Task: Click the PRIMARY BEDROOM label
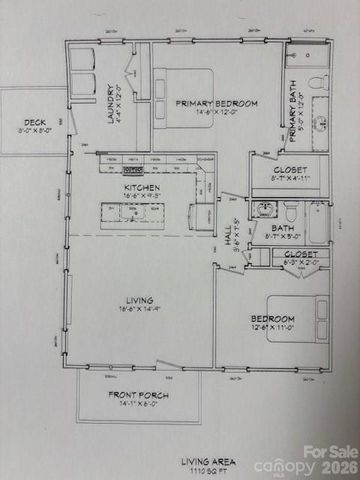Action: pyautogui.click(x=217, y=103)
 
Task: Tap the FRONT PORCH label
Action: pyautogui.click(x=138, y=396)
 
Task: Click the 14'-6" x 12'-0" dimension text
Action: pyautogui.click(x=217, y=113)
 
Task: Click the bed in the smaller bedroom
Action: pyautogui.click(x=295, y=319)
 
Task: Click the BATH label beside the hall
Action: pyautogui.click(x=284, y=228)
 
